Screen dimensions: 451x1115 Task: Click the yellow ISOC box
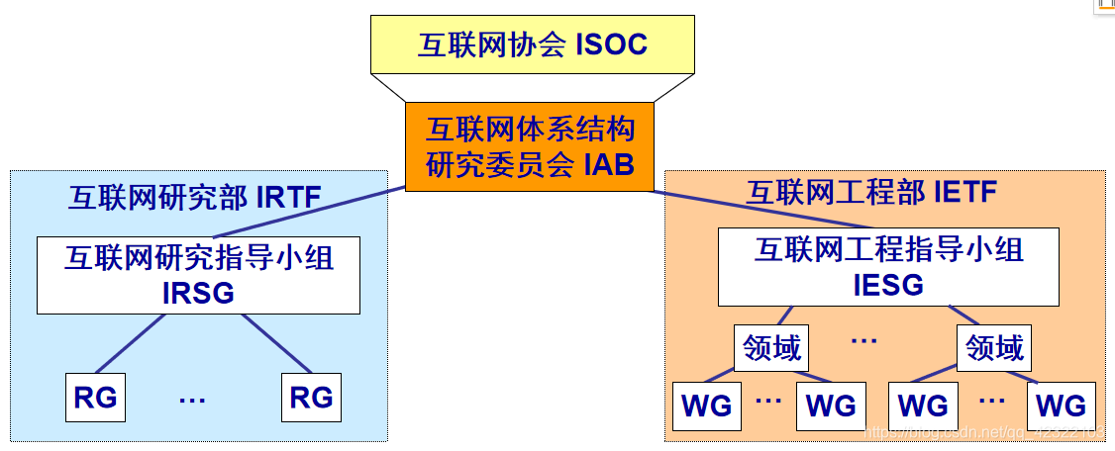532,45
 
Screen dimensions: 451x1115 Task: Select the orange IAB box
529,146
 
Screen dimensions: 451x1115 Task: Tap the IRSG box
198,275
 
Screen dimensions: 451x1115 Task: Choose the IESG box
887,267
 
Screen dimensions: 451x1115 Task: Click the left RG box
95,397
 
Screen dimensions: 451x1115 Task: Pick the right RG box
311,397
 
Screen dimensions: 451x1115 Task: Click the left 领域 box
771,348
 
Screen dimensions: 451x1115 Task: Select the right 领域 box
994,348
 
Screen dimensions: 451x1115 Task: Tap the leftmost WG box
707,405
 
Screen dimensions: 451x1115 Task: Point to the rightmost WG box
1061,405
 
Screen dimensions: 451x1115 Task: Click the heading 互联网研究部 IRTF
195,197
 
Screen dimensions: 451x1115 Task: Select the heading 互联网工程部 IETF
871,191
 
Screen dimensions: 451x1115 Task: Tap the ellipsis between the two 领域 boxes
863,341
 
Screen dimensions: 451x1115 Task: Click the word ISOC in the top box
611,45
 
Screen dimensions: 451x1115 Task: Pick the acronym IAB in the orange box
607,163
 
